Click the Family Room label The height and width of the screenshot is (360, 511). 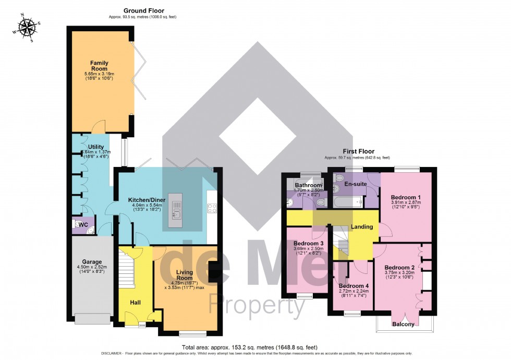99,65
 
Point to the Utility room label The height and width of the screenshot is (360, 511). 96,147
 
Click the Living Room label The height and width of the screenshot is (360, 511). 185,275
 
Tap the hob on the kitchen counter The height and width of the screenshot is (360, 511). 212,208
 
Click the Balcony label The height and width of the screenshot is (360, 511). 404,324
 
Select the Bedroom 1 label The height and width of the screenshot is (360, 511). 406,197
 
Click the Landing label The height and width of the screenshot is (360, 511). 362,227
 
